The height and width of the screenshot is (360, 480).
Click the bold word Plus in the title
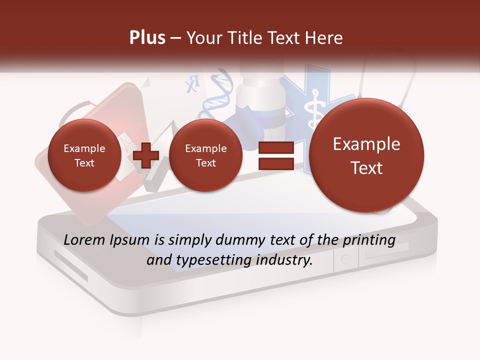[147, 37]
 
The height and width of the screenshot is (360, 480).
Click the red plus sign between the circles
[146, 155]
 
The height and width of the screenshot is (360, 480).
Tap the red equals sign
[275, 155]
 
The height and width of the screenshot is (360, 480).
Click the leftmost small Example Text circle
[84, 155]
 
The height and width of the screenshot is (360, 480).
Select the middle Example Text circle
[205, 155]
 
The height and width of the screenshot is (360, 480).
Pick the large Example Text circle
[366, 155]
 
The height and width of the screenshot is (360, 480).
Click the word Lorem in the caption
[84, 240]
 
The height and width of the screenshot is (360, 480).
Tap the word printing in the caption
[368, 240]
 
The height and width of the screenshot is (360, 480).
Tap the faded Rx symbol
[192, 83]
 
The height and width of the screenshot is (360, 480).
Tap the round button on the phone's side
[346, 259]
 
